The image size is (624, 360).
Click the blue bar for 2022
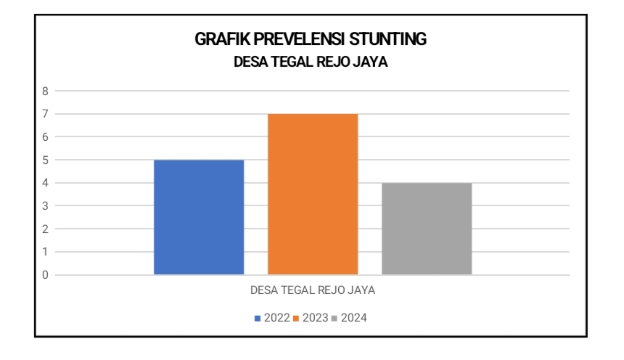[199, 217]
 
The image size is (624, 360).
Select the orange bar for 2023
[313, 194]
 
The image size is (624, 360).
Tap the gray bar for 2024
[427, 229]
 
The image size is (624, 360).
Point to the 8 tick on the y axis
[45, 91]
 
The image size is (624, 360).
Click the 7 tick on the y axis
[45, 114]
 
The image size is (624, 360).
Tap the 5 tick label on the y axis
[45, 160]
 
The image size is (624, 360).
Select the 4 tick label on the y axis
[45, 183]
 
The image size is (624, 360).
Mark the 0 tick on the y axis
[45, 275]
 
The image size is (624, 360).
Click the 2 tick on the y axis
[45, 229]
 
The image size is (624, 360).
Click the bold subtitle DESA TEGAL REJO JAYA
[311, 62]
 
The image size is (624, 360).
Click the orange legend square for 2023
[297, 319]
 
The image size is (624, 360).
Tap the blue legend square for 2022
[258, 319]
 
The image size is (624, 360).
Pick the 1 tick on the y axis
[45, 252]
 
